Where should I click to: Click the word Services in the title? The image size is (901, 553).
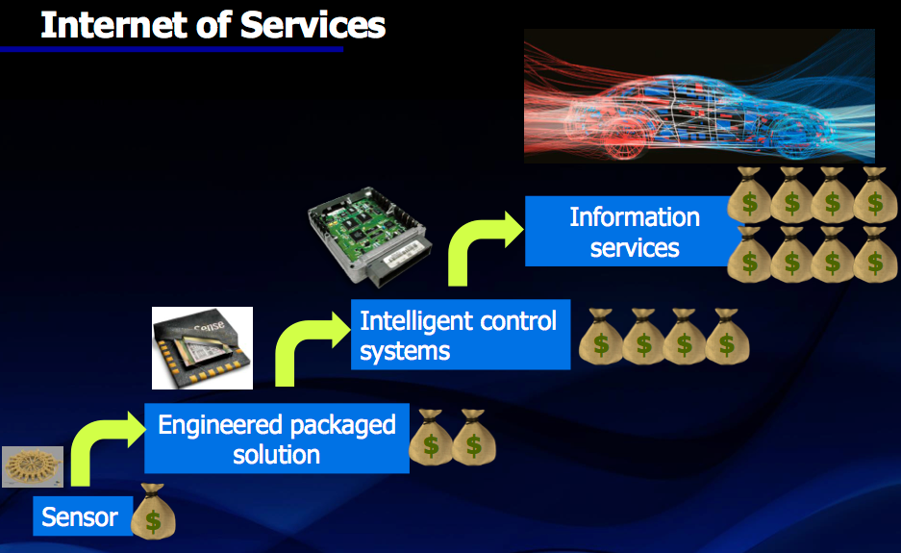click(313, 25)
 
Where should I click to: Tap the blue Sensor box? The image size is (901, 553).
click(83, 515)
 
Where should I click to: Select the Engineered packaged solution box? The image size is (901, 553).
click(276, 438)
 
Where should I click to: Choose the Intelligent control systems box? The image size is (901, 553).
click(461, 335)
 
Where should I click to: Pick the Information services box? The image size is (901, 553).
click(632, 231)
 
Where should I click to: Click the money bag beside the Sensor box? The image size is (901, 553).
click(153, 512)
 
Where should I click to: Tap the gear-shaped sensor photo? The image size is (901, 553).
click(33, 466)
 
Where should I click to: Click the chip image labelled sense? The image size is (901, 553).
click(202, 348)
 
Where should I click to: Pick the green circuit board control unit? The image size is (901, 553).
click(370, 235)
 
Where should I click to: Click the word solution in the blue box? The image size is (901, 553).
click(276, 455)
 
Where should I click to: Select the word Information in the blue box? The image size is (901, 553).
click(635, 217)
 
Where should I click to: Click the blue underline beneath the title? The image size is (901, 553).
click(172, 49)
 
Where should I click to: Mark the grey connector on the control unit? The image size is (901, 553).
click(401, 264)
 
